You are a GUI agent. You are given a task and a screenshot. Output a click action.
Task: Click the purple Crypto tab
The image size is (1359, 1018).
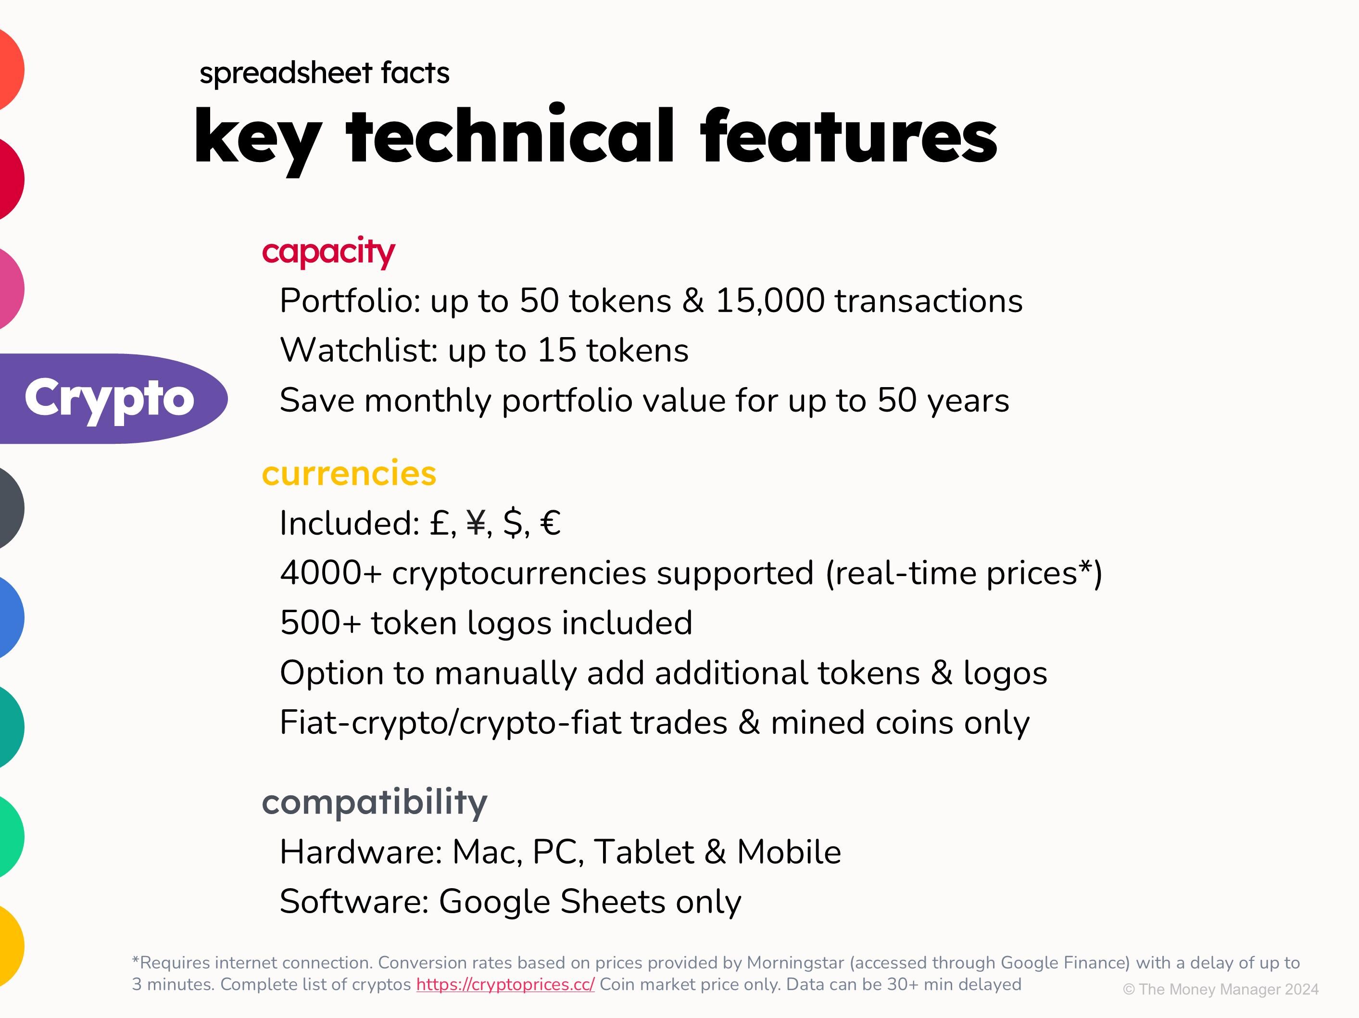[x=111, y=399]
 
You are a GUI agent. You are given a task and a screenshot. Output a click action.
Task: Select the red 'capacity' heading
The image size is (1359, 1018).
[x=329, y=252]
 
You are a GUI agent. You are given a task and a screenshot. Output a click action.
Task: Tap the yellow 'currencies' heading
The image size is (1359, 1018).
[x=349, y=473]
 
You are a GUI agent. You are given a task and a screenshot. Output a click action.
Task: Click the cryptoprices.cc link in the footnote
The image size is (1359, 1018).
[x=505, y=984]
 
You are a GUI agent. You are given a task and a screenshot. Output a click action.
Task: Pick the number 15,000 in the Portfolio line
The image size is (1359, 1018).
[x=770, y=301]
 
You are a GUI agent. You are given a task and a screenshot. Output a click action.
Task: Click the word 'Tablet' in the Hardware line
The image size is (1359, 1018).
[x=644, y=852]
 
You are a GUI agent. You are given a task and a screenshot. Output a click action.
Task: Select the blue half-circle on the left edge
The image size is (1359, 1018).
[x=11, y=617]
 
